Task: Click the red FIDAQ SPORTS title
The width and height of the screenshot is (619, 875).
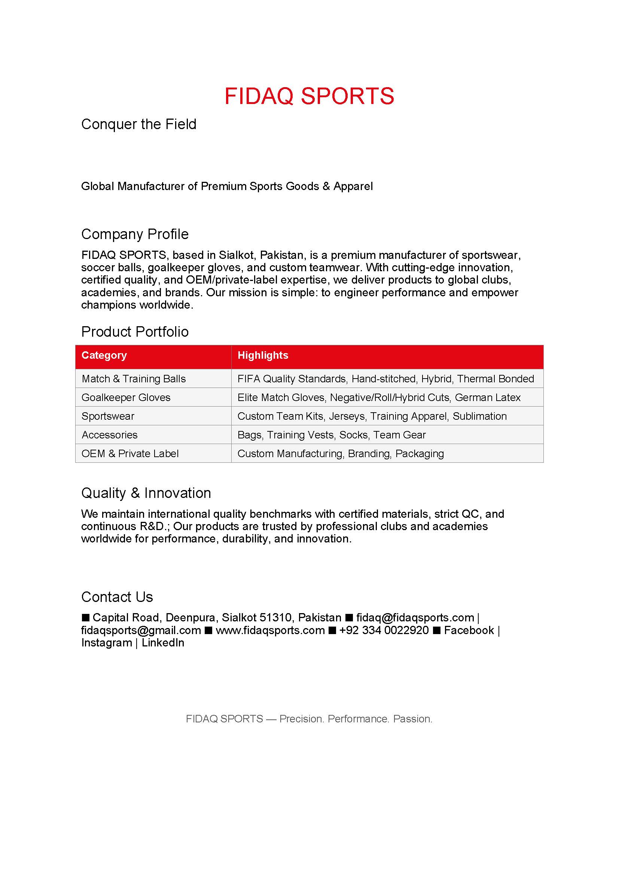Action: [309, 96]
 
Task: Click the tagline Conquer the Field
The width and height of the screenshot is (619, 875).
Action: [139, 124]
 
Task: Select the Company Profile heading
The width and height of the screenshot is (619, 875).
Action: [135, 234]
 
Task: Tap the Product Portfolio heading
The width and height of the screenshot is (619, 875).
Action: [135, 331]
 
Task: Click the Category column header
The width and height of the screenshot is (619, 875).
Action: [104, 355]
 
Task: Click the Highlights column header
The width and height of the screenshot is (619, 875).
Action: [263, 355]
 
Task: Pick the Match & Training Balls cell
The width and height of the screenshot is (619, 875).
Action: [134, 379]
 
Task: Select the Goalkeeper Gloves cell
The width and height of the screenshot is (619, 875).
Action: [126, 398]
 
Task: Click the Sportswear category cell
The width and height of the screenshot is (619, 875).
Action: [108, 416]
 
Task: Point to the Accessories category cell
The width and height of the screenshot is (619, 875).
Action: [109, 435]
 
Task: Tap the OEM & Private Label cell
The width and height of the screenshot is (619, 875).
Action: [130, 453]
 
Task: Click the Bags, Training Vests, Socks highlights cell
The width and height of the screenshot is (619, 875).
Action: [331, 435]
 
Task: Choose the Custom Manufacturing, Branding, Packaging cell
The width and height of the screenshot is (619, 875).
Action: [340, 453]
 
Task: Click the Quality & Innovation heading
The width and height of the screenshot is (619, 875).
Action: [146, 493]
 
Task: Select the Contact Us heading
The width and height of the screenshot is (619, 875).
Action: [117, 597]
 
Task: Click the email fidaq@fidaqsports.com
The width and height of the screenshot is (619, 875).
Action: [415, 617]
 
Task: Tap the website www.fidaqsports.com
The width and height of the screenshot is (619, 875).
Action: [270, 630]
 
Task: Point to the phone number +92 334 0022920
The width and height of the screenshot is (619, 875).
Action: [384, 630]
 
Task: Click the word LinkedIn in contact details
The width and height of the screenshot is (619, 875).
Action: [163, 643]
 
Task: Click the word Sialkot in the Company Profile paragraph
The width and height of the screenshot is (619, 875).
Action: [235, 255]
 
